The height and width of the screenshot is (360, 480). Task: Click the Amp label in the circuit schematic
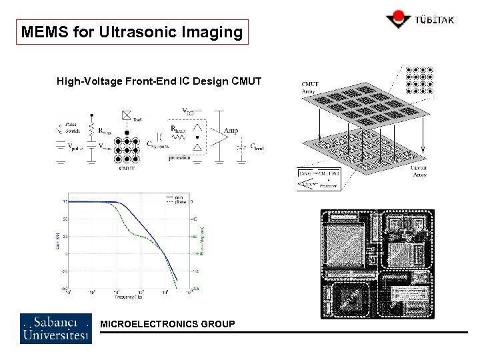point(231,131)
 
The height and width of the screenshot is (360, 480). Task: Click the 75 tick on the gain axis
point(65,201)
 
